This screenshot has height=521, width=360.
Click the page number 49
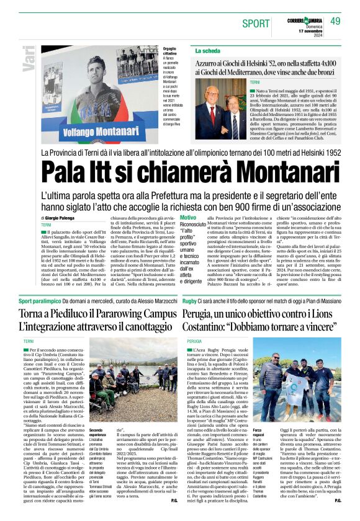[x=335, y=22]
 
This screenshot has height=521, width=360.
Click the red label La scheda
[x=209, y=50]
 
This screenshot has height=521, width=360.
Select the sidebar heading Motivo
[x=187, y=218]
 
